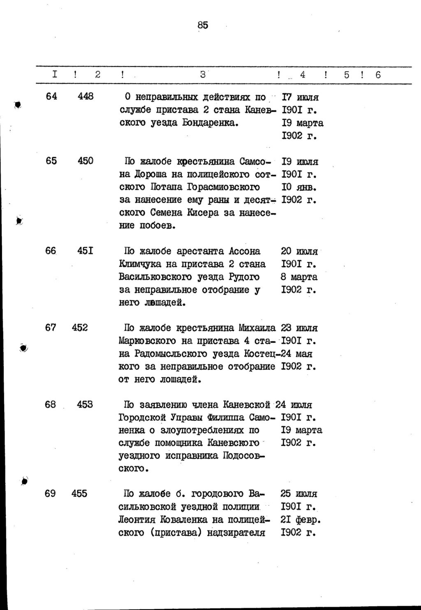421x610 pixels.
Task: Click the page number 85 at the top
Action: coord(203,25)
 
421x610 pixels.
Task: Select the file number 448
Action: coord(86,96)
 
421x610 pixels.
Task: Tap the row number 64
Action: coord(51,96)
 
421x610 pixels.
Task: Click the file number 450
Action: coord(86,161)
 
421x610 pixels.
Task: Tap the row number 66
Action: coord(51,250)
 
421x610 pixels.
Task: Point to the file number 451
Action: coord(85,250)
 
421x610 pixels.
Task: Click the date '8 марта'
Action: coord(299,277)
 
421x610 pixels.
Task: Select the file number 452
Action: coord(80,328)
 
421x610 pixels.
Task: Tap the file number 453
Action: coord(85,404)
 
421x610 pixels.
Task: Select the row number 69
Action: coord(50,493)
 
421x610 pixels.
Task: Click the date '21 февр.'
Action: coord(301,520)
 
